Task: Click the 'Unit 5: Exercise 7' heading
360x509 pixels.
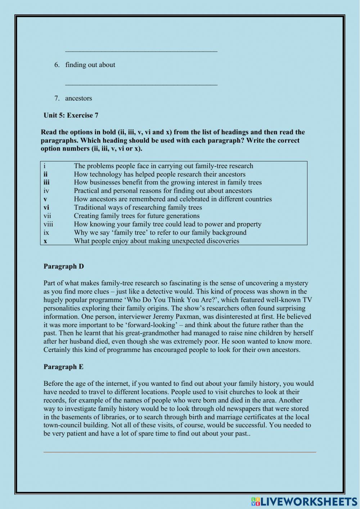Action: point(71,115)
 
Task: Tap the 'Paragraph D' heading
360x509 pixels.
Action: point(64,266)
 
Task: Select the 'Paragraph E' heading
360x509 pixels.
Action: point(63,367)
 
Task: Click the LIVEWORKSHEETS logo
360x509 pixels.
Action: point(304,501)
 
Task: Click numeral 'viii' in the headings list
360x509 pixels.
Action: point(48,224)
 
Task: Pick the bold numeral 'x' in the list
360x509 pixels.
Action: point(45,241)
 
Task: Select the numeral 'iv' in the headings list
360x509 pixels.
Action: point(46,191)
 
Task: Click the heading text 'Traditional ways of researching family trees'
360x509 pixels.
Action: point(138,207)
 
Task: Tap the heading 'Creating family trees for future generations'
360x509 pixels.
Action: point(136,216)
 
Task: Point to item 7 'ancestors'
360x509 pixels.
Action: point(78,98)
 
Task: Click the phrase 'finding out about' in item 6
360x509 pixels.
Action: point(90,65)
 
